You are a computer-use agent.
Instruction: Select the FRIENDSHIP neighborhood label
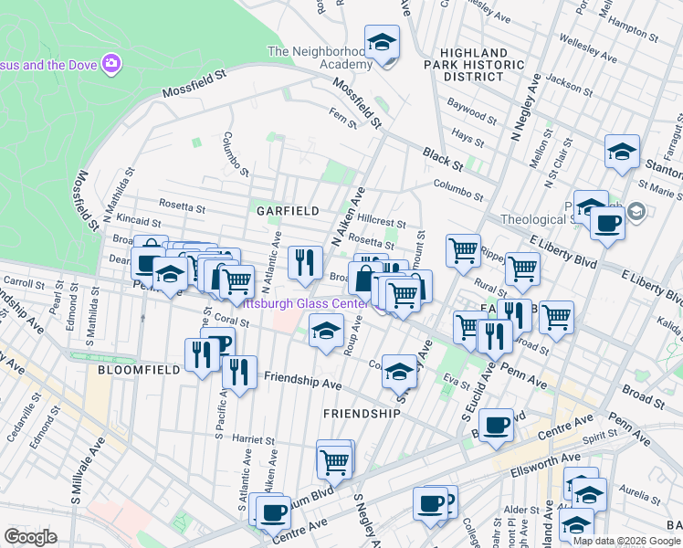[363, 414]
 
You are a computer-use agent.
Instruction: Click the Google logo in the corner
[30, 537]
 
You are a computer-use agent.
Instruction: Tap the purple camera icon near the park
[111, 63]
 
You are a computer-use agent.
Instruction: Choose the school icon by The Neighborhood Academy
[382, 42]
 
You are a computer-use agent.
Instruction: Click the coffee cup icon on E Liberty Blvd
[607, 222]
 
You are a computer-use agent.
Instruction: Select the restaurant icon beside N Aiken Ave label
[305, 262]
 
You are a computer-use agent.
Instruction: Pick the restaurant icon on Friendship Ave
[238, 372]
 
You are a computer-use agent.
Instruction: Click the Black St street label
[443, 158]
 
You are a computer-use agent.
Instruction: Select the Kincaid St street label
[138, 222]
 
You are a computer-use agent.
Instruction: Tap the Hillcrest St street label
[382, 222]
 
